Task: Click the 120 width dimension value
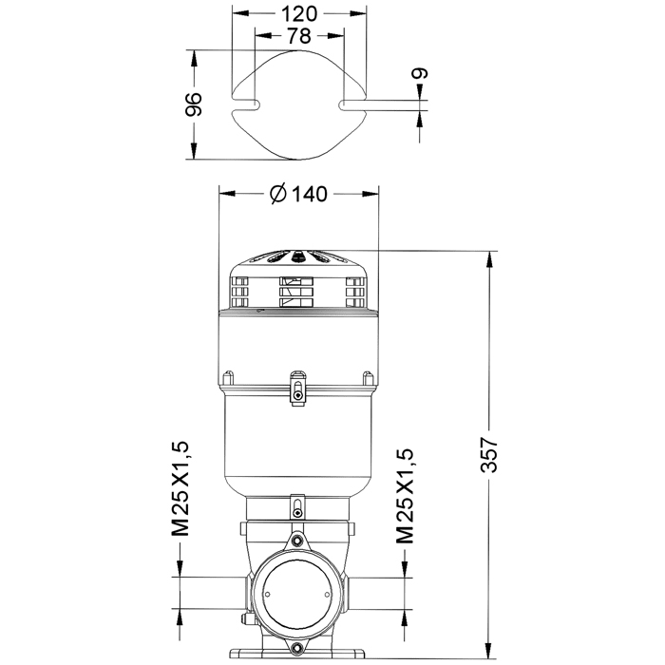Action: pyautogui.click(x=299, y=14)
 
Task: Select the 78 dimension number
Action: pyautogui.click(x=299, y=36)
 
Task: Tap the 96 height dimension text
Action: pyautogui.click(x=194, y=104)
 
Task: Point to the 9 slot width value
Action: pyautogui.click(x=420, y=73)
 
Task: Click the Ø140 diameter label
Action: pyautogui.click(x=298, y=194)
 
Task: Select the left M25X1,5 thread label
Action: pyautogui.click(x=180, y=488)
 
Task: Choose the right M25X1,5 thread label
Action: pyautogui.click(x=405, y=496)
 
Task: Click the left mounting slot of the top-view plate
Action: pyautogui.click(x=246, y=104)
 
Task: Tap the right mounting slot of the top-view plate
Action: pyautogui.click(x=352, y=104)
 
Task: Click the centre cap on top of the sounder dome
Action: pyautogui.click(x=297, y=256)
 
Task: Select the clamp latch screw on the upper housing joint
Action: pyautogui.click(x=298, y=396)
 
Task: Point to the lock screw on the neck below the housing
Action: pyautogui.click(x=297, y=514)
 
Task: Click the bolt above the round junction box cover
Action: pyautogui.click(x=297, y=541)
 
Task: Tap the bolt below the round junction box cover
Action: pyautogui.click(x=297, y=648)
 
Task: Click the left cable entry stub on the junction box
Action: pyautogui.click(x=248, y=593)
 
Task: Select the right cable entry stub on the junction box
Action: pyautogui.click(x=347, y=593)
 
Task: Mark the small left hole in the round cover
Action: pyautogui.click(x=267, y=594)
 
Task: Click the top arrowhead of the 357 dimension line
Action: pyautogui.click(x=490, y=258)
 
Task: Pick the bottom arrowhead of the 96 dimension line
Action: pyautogui.click(x=194, y=151)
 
